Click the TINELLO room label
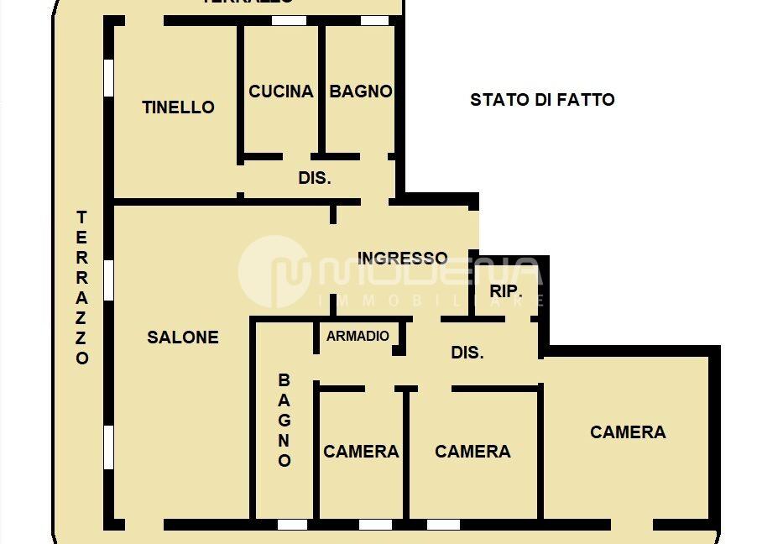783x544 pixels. click(178, 107)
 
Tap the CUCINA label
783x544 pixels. click(281, 92)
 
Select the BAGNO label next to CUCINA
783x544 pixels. click(361, 92)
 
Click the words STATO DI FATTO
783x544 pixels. click(542, 100)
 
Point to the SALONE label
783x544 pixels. click(183, 337)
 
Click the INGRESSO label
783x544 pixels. click(403, 258)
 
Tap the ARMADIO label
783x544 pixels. click(358, 336)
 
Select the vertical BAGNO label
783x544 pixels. click(284, 421)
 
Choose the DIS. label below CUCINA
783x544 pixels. click(315, 178)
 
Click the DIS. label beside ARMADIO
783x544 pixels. click(467, 353)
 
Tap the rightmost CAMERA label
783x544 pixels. click(628, 432)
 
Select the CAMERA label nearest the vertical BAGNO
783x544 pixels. click(361, 452)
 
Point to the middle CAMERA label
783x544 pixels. click(472, 452)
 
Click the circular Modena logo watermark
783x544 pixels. click(275, 271)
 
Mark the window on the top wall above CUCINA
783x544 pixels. click(289, 20)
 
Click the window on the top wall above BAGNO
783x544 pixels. click(374, 20)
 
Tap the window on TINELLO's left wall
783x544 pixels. click(108, 76)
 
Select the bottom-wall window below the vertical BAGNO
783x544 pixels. click(292, 525)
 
